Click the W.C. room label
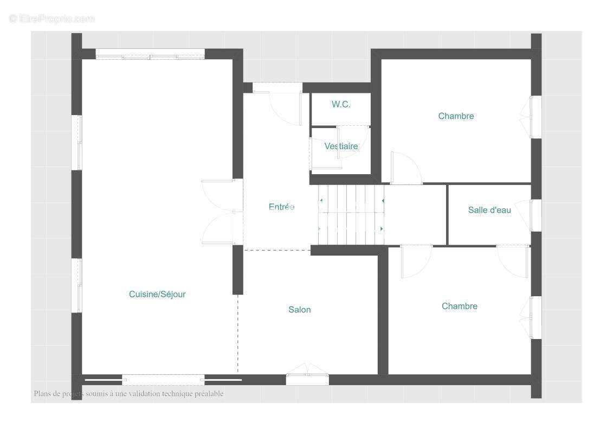[341, 105]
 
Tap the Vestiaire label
[341, 146]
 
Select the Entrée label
[281, 207]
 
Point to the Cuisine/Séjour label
[157, 294]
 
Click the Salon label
[300, 310]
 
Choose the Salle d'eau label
[489, 210]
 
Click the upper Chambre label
[456, 116]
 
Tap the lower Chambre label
[460, 306]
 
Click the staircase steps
[351, 215]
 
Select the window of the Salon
[307, 376]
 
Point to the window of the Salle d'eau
[535, 215]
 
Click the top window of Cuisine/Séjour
[150, 54]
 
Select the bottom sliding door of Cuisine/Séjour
[164, 380]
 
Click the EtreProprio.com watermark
[52, 18]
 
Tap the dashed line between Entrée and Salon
[277, 250]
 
